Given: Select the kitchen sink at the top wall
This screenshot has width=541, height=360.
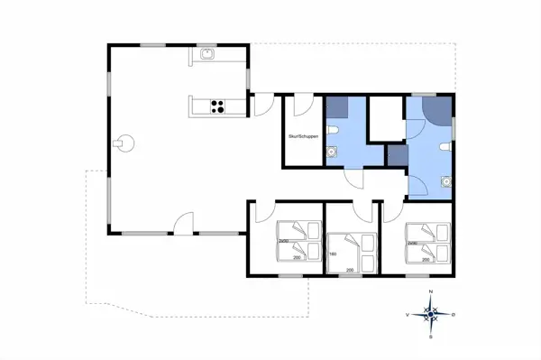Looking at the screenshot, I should click(206, 54).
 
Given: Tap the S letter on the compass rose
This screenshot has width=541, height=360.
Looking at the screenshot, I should click(431, 337).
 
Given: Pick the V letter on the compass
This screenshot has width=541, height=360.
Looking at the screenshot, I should click(409, 315).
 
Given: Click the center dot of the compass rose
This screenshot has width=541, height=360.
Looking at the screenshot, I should click(431, 315).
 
